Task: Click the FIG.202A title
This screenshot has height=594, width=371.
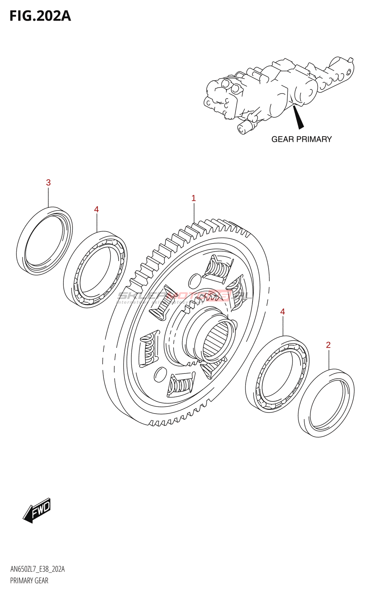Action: click(40, 16)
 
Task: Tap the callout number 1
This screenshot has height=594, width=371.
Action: click(193, 198)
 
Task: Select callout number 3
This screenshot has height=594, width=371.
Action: click(48, 183)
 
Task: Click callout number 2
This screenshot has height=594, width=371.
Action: click(328, 345)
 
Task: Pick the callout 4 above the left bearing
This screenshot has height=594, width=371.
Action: click(96, 209)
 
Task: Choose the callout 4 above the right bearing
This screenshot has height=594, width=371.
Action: click(283, 311)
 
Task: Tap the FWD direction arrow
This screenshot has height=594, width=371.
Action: click(37, 510)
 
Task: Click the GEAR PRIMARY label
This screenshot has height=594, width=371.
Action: click(301, 139)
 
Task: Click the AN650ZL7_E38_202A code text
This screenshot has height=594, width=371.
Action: click(37, 569)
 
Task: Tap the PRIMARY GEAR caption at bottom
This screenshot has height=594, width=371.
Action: click(29, 581)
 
